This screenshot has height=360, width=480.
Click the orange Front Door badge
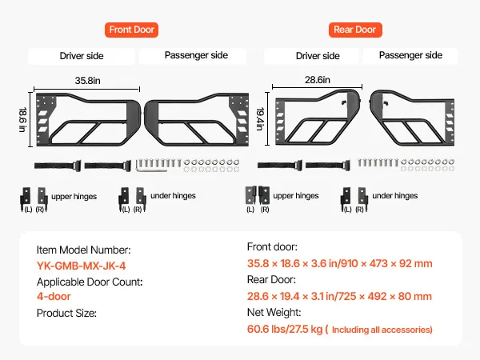pos(131,30)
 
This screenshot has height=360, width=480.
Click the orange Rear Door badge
pos(354,30)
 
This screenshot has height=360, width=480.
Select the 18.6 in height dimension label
pos(22,117)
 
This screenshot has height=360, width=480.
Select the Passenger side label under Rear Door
pos(410,56)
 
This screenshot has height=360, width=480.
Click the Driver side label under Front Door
pos(82,56)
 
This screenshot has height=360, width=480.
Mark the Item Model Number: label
pos(84,250)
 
